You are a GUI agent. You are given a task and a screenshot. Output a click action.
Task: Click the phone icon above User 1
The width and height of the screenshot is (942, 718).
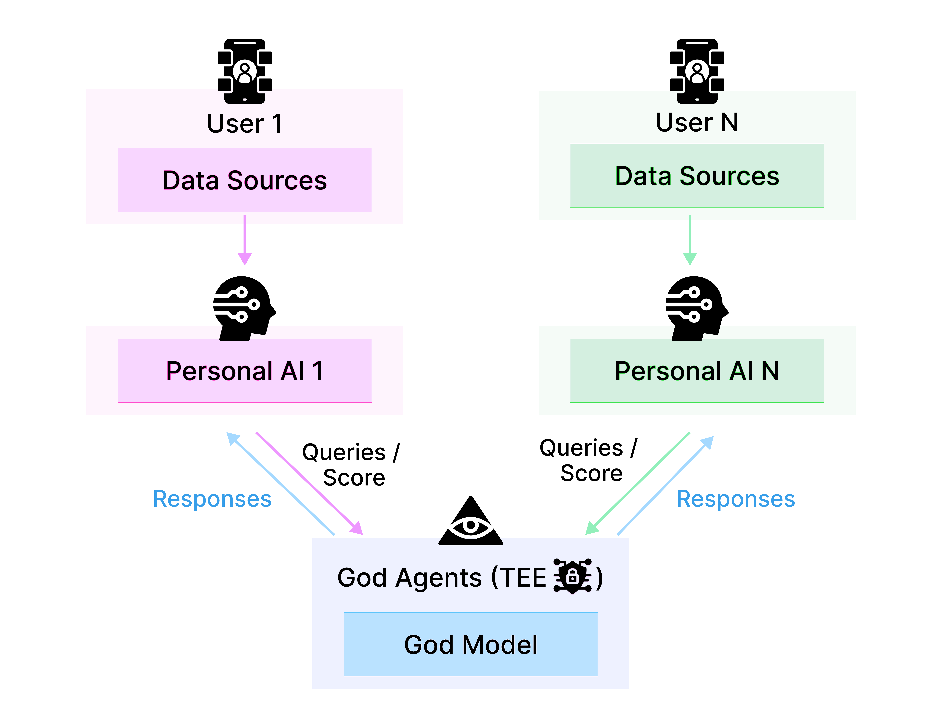click(245, 71)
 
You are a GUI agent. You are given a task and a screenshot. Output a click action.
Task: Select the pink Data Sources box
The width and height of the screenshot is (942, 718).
click(245, 180)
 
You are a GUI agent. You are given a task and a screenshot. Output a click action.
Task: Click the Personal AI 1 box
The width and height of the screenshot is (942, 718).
click(245, 371)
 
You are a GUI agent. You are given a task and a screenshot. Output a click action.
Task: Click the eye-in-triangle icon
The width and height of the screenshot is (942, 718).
click(470, 522)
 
